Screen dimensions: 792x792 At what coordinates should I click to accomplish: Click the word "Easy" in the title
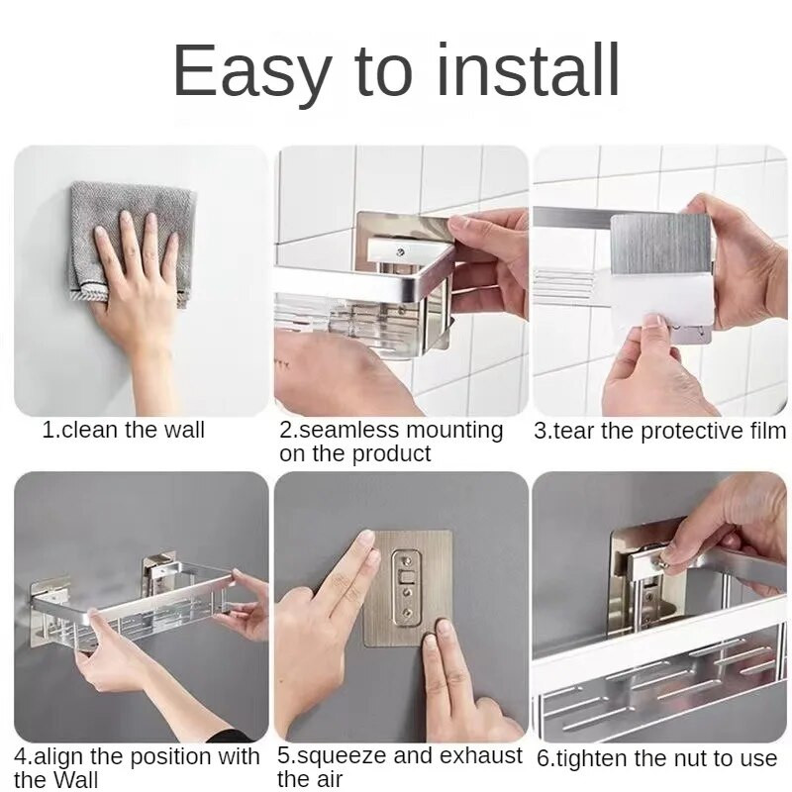click(x=252, y=70)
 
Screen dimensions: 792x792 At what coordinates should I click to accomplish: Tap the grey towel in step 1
click(x=133, y=243)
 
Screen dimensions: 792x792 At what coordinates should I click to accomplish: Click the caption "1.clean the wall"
click(x=124, y=430)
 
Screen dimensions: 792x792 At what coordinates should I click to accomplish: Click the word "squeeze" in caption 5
click(x=341, y=756)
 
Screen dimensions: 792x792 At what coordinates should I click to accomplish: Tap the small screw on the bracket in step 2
click(x=401, y=251)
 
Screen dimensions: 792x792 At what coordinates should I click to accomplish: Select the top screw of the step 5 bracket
click(x=405, y=558)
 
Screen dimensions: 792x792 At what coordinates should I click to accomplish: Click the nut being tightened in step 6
click(x=663, y=561)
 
